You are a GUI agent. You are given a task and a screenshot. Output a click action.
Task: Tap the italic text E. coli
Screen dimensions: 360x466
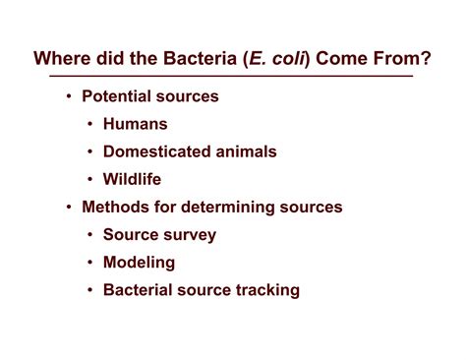point(282,57)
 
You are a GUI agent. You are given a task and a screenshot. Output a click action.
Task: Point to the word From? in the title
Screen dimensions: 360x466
point(406,57)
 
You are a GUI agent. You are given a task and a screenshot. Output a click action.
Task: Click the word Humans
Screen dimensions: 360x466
point(136,124)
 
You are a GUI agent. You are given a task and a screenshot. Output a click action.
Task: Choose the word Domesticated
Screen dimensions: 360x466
point(157,151)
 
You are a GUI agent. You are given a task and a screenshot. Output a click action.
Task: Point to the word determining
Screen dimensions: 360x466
point(231,208)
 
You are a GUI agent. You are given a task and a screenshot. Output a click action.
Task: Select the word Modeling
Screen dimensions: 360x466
point(139,263)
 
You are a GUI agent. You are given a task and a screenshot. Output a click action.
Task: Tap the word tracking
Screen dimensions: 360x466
point(267,290)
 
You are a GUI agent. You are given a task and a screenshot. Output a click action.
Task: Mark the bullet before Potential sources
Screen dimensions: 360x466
point(68,96)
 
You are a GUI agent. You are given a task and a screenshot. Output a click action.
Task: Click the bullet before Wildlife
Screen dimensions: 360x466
point(90,179)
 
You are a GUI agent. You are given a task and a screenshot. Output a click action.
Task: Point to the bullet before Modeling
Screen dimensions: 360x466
point(90,263)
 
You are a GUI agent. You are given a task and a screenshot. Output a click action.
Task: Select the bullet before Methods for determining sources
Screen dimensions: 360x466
point(68,208)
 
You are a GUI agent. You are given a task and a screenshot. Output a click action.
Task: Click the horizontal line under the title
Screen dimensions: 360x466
point(233,76)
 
